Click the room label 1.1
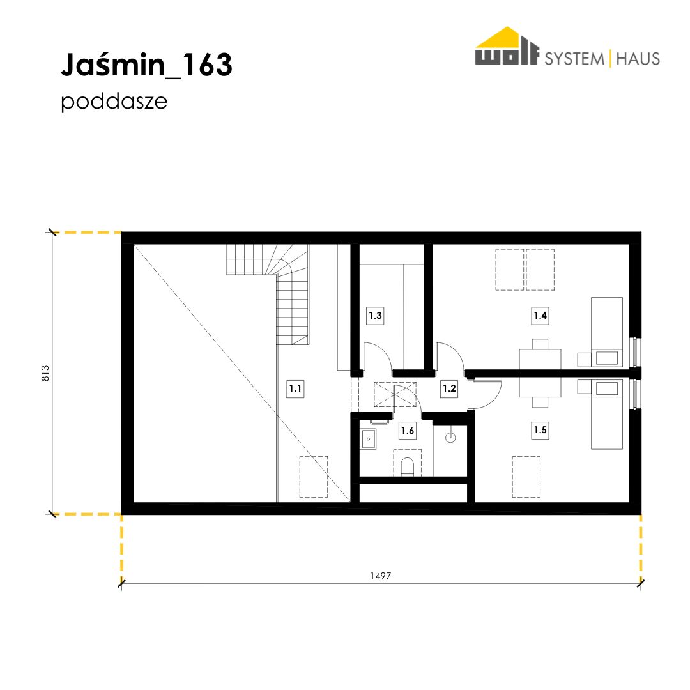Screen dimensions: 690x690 [295, 388]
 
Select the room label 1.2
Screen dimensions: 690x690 [449, 388]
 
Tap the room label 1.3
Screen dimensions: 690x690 [376, 316]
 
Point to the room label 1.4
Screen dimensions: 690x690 [540, 316]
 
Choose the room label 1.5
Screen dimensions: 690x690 [540, 429]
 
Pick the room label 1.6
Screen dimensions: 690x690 [408, 431]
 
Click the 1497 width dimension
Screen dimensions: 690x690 [381, 576]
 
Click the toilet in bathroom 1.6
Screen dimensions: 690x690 [408, 467]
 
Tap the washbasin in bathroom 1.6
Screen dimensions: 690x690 [369, 439]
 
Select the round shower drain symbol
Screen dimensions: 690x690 [450, 438]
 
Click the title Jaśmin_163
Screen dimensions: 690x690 [146, 65]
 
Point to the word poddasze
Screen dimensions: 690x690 [114, 102]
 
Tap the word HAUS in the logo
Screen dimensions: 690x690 [638, 59]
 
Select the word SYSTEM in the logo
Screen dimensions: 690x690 [575, 59]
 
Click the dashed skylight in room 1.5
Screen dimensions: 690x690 [526, 477]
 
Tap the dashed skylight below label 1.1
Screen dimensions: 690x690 [314, 477]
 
